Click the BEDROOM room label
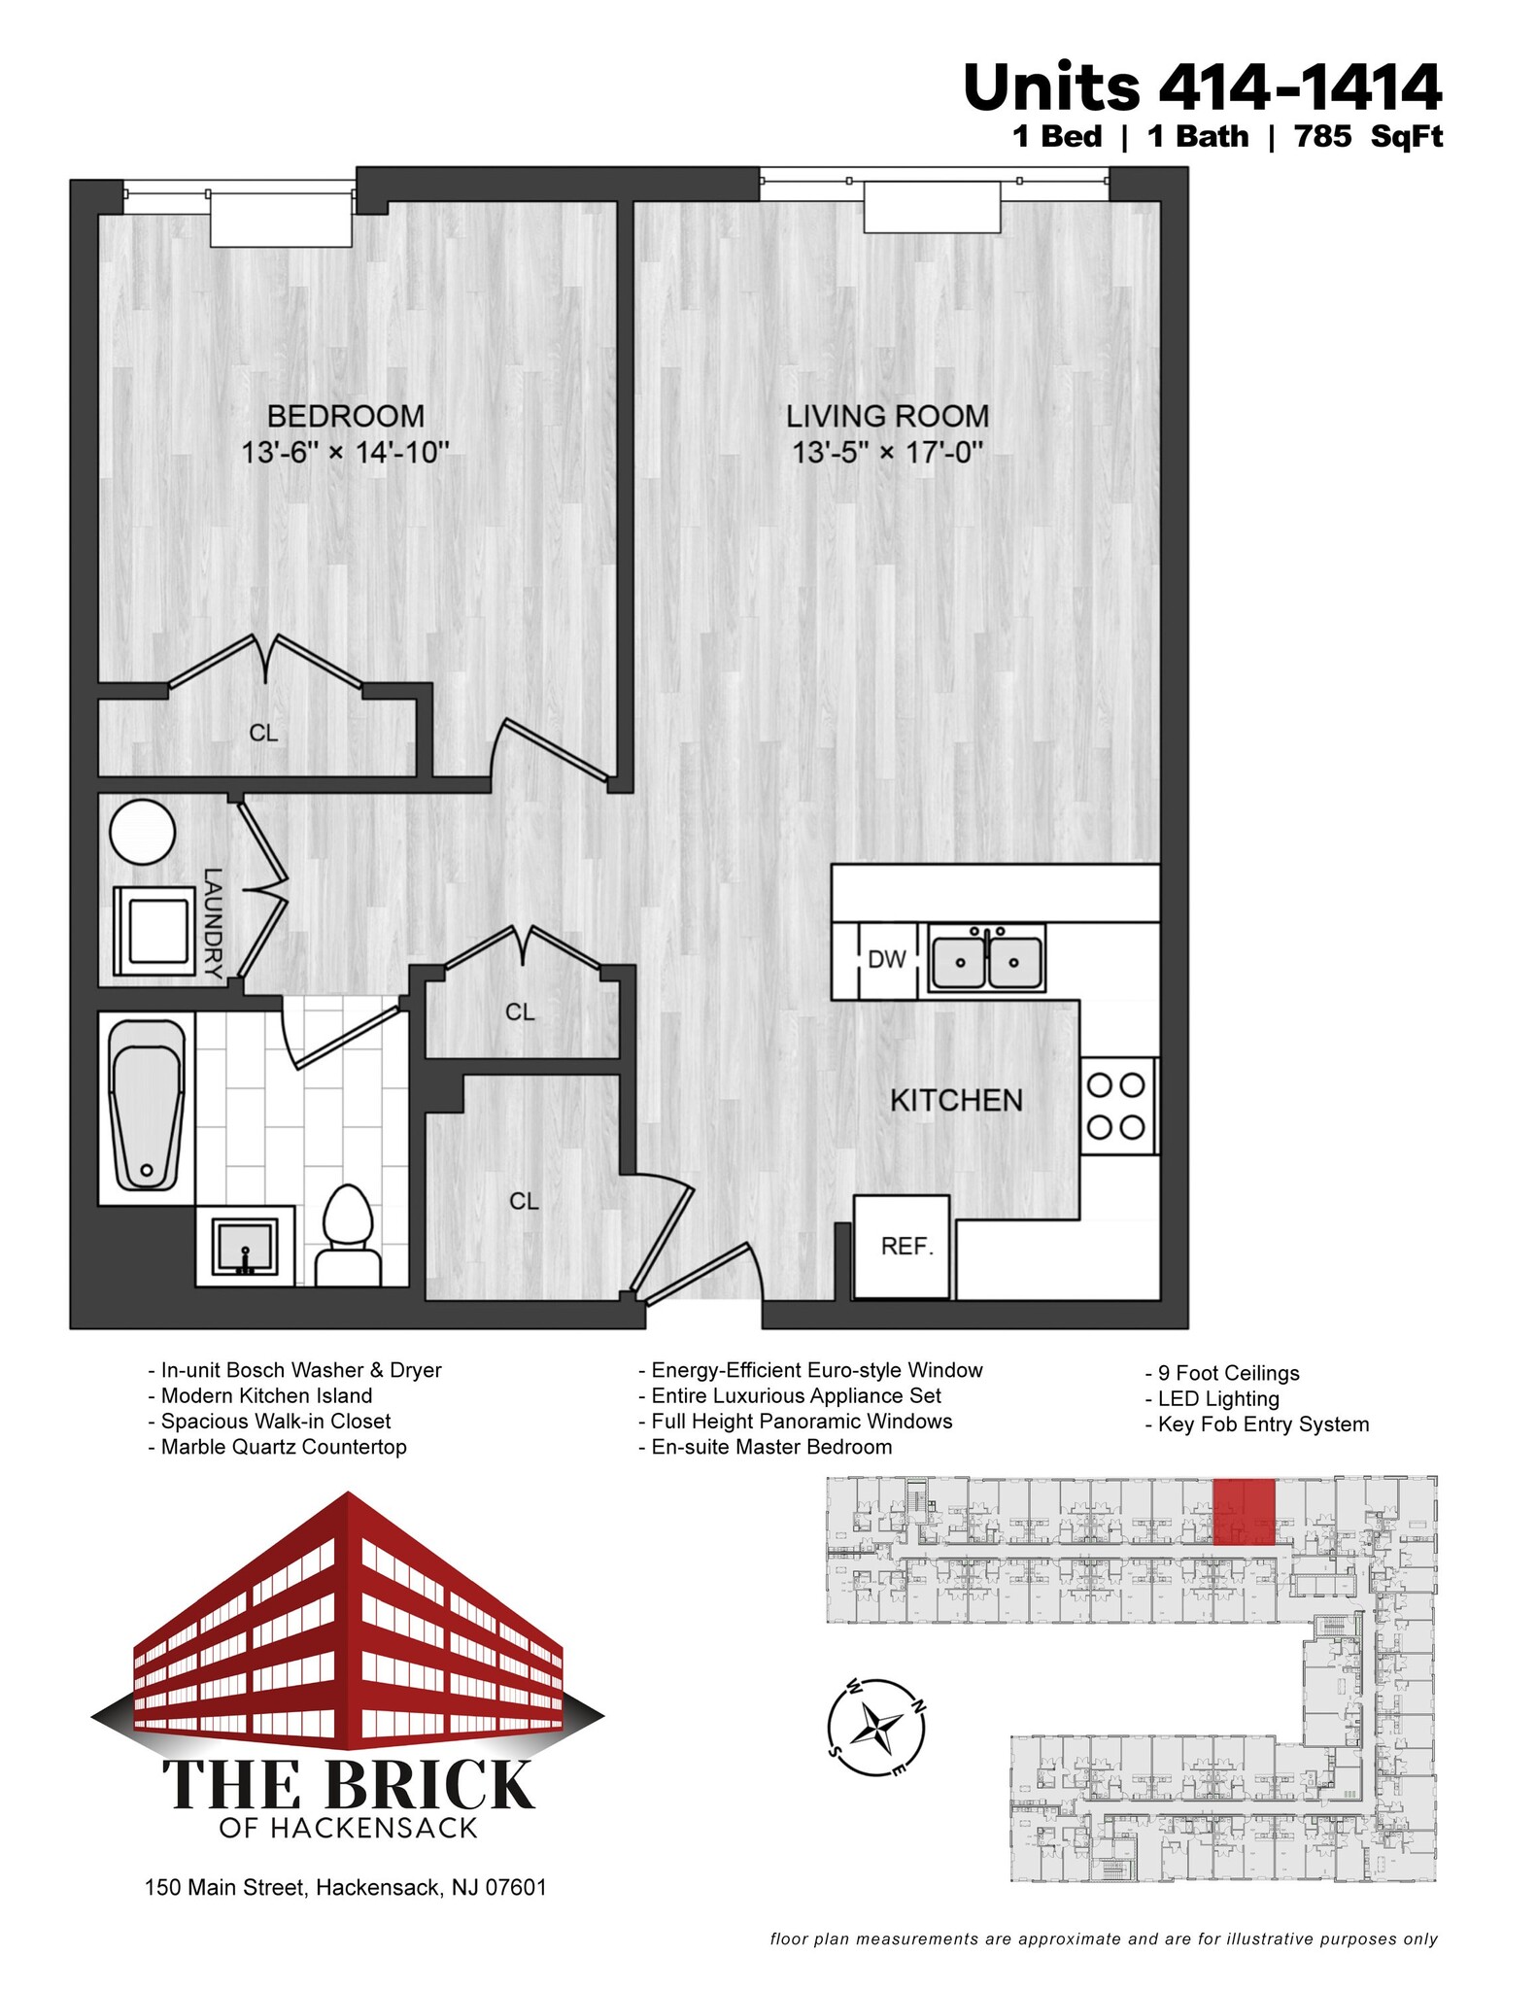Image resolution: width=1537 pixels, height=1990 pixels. pyautogui.click(x=345, y=416)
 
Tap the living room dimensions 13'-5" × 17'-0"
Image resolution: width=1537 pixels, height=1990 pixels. pyautogui.click(x=887, y=453)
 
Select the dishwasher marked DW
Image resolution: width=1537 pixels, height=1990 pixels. pyautogui.click(x=886, y=960)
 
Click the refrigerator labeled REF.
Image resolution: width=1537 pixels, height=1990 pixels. pyautogui.click(x=904, y=1246)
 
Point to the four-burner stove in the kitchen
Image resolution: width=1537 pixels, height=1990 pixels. pyautogui.click(x=1117, y=1105)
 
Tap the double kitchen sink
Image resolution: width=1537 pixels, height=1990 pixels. pyautogui.click(x=986, y=960)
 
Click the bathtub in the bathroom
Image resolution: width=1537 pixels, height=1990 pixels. pyautogui.click(x=147, y=1104)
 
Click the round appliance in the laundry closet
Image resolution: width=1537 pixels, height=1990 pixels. pyautogui.click(x=143, y=833)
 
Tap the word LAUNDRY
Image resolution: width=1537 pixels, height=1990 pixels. pyautogui.click(x=213, y=923)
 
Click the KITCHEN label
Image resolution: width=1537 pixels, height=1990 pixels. pyautogui.click(x=956, y=1100)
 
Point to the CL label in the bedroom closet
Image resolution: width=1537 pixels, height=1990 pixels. pyautogui.click(x=263, y=734)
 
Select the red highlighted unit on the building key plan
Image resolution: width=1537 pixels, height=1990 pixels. pyautogui.click(x=1244, y=1513)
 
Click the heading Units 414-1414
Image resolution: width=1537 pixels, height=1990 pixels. pyautogui.click(x=1202, y=87)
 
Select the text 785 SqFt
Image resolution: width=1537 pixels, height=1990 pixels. pyautogui.click(x=1368, y=137)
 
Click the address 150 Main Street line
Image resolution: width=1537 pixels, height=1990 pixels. pyautogui.click(x=345, y=1888)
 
